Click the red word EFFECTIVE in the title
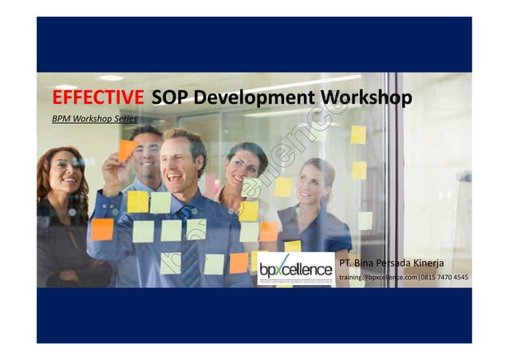click(x=98, y=98)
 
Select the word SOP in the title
click(x=170, y=98)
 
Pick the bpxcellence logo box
click(x=296, y=269)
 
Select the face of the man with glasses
click(x=147, y=152)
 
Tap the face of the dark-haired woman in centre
click(x=243, y=166)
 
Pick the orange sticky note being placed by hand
click(x=127, y=149)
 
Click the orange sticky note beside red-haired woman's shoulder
click(x=102, y=229)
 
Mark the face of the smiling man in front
click(x=181, y=164)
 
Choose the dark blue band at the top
click(x=254, y=45)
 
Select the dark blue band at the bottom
click(x=254, y=315)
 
